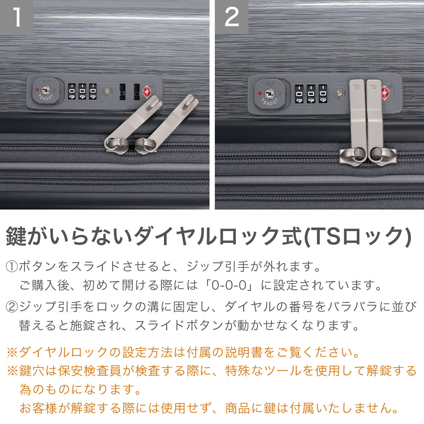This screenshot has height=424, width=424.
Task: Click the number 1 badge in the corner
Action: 17,17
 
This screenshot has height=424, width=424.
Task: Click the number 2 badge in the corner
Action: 231,17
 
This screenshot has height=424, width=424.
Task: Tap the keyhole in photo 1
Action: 46,90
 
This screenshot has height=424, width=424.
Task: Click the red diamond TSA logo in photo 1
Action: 147,92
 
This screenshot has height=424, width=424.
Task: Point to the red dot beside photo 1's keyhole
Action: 37,90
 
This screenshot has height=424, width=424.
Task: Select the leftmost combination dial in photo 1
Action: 72,91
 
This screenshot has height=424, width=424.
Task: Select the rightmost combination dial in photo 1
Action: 93,91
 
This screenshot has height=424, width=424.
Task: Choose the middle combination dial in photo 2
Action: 311,94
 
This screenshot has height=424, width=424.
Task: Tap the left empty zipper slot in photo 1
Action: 122,92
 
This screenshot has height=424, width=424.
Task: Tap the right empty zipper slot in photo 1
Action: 137,92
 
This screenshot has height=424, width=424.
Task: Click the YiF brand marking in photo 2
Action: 270,84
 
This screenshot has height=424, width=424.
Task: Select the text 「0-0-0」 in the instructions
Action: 230,285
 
